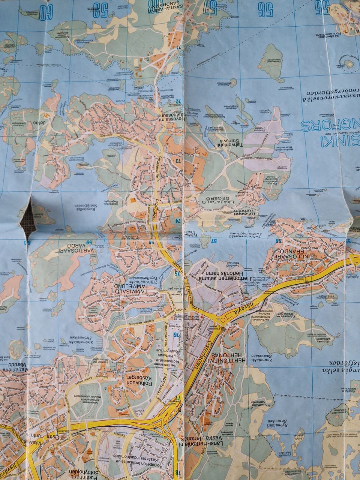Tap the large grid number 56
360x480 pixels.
pos(265,10)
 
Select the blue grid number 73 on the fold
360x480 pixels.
pos(177,160)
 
